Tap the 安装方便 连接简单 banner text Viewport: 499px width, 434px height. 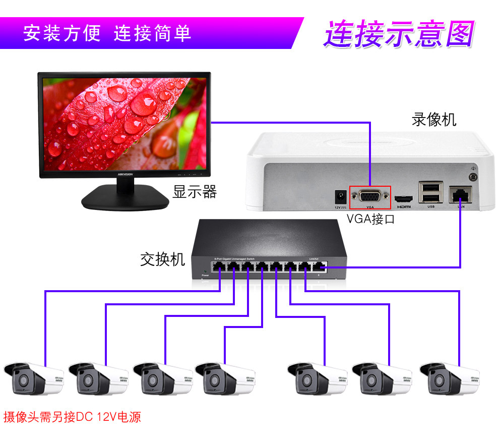[107, 33]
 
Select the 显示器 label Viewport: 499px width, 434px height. [195, 192]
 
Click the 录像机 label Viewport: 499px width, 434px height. [433, 120]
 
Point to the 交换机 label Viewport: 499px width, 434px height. [162, 260]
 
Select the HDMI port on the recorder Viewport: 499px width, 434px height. [404, 198]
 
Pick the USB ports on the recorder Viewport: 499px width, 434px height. [431, 192]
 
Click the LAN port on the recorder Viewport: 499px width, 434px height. [460, 193]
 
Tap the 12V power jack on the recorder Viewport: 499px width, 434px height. [340, 196]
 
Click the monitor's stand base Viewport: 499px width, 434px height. [126, 198]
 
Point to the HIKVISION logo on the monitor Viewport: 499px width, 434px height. [125, 174]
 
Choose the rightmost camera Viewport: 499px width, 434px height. [450, 377]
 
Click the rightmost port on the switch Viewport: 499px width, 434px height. [320, 267]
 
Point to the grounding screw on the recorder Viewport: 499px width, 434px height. [473, 177]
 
